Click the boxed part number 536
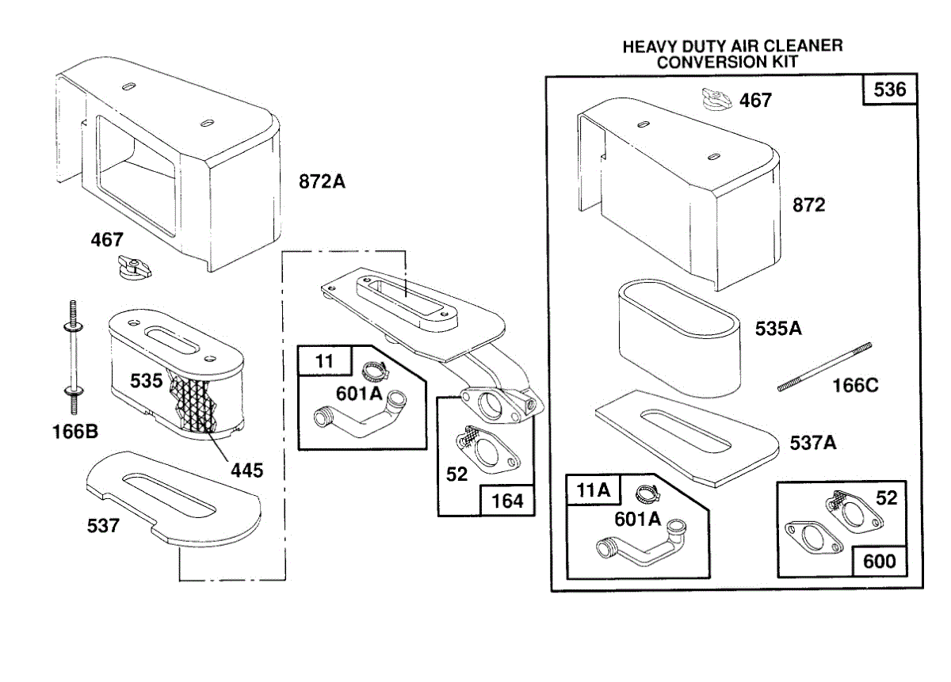[x=890, y=90]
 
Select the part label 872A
[x=322, y=181]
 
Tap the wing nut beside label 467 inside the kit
[x=714, y=99]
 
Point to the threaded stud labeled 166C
[x=824, y=367]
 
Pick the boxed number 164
[x=507, y=501]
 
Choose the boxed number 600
[x=880, y=561]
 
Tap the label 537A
[x=813, y=443]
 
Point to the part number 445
[x=247, y=470]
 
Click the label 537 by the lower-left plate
[x=103, y=524]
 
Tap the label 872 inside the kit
[x=808, y=205]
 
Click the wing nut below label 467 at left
[x=132, y=267]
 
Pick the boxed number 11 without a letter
[x=324, y=361]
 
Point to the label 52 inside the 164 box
[x=456, y=474]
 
